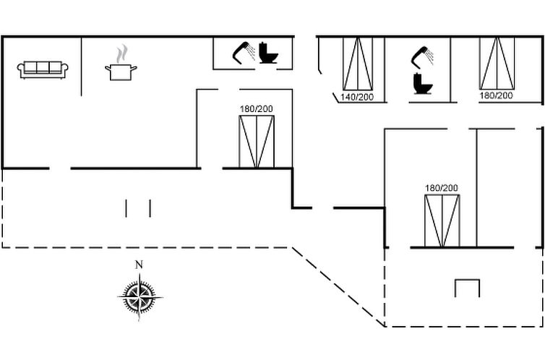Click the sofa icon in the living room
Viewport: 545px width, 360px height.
click(43, 70)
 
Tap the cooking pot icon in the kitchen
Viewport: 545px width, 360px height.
click(121, 72)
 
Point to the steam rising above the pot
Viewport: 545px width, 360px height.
click(121, 54)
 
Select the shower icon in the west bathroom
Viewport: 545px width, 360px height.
click(244, 53)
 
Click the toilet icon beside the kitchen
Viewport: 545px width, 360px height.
click(268, 53)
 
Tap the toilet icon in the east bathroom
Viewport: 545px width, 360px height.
click(423, 83)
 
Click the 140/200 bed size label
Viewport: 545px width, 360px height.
click(357, 97)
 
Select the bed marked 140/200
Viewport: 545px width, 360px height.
click(358, 64)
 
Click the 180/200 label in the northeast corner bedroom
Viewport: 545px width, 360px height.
click(496, 95)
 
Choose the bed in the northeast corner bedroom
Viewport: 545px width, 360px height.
click(497, 63)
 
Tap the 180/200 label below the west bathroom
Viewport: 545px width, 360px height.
click(256, 109)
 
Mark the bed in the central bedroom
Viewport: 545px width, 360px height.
click(257, 142)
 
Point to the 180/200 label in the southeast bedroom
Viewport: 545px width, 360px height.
click(442, 188)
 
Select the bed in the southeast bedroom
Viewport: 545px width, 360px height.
click(442, 220)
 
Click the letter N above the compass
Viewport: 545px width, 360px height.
click(139, 265)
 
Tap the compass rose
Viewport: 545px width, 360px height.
click(140, 297)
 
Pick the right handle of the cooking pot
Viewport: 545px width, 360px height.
click(134, 68)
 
